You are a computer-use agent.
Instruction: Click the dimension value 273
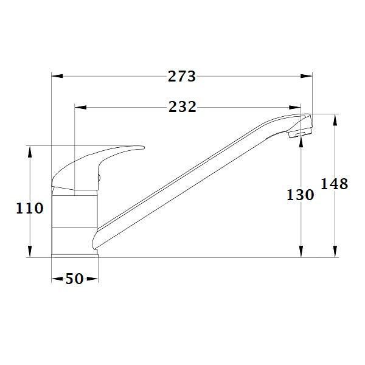tap(182, 77)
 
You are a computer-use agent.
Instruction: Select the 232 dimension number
tap(182, 108)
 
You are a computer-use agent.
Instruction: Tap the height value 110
tap(30, 209)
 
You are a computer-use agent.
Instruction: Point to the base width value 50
tap(74, 279)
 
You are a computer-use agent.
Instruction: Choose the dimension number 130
tap(301, 195)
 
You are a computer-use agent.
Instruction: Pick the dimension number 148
tap(335, 184)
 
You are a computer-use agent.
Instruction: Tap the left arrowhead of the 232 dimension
tap(79, 108)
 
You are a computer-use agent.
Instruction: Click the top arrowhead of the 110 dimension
tap(30, 151)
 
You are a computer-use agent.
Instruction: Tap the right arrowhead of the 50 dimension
tap(92, 279)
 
